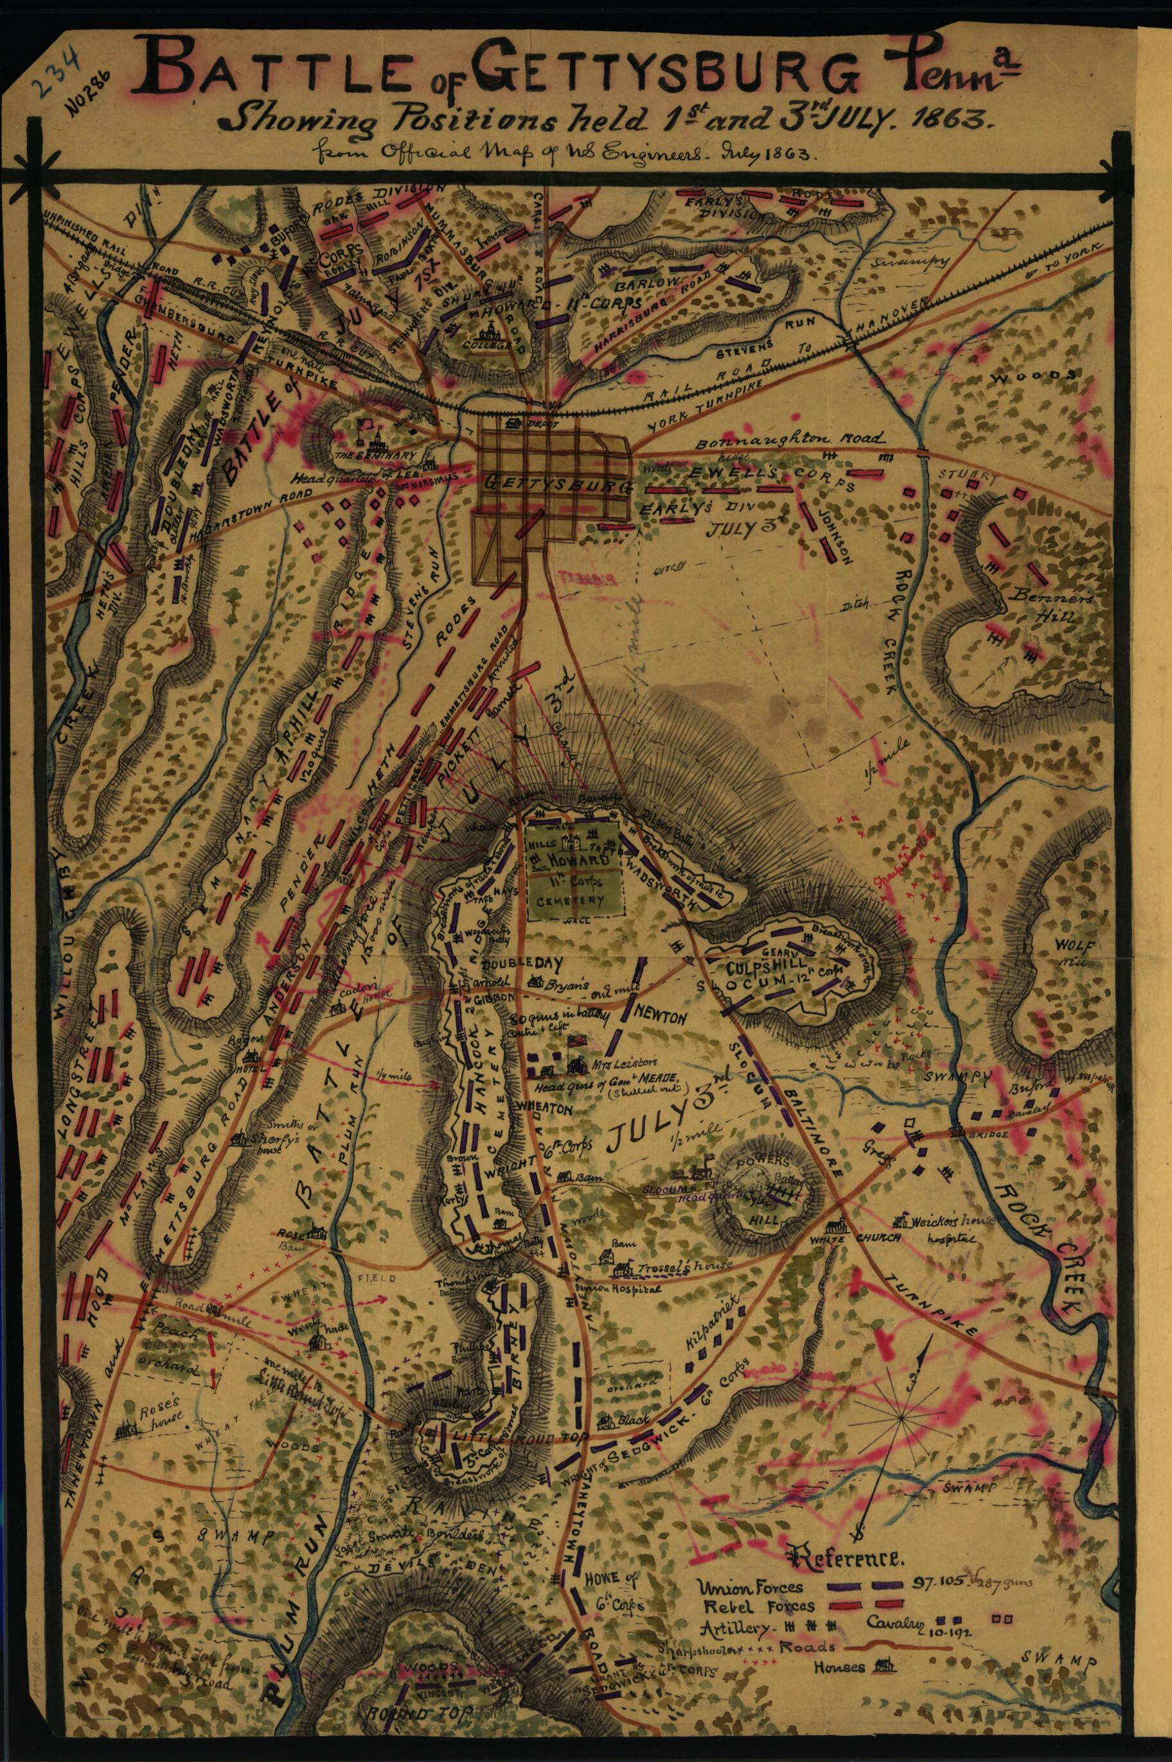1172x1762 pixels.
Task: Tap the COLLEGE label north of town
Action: [x=490, y=345]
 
